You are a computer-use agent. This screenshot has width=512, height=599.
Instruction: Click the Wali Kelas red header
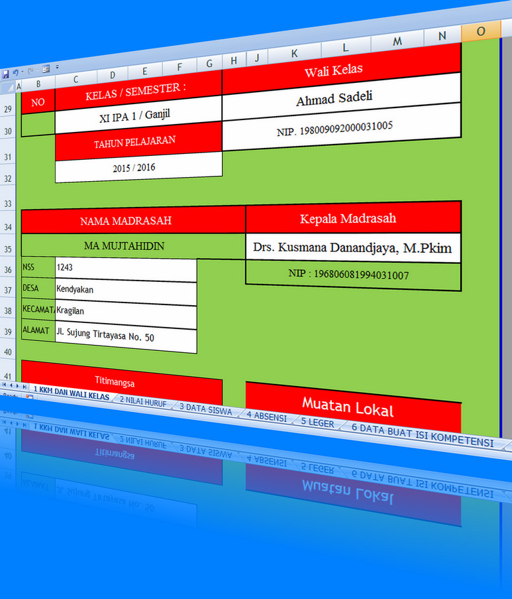pyautogui.click(x=342, y=70)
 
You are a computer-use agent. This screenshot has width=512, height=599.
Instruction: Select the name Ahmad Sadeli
pyautogui.click(x=334, y=98)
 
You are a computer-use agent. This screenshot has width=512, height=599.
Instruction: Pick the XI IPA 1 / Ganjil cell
pyautogui.click(x=138, y=116)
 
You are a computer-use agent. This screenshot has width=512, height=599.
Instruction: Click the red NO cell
pyautogui.click(x=38, y=103)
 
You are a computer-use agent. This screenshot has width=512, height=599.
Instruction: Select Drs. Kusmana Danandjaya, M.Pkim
pyautogui.click(x=352, y=249)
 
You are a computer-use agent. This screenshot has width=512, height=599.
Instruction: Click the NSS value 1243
pyautogui.click(x=126, y=268)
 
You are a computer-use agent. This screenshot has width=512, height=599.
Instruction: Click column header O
pyautogui.click(x=480, y=31)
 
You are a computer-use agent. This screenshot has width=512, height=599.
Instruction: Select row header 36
pyautogui.click(x=9, y=270)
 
